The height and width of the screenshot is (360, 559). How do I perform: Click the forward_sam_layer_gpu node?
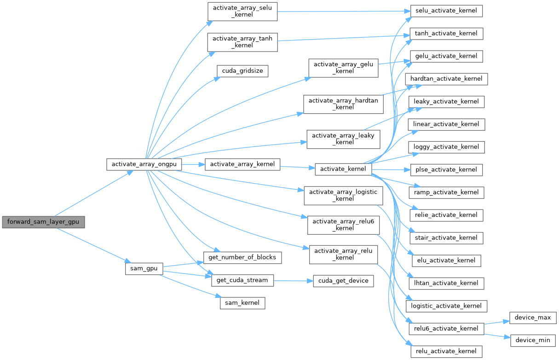pos(43,222)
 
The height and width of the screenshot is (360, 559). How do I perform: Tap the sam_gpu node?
pos(144,268)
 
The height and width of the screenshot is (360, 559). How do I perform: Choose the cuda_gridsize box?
pos(242,71)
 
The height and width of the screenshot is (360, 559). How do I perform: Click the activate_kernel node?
pos(343,169)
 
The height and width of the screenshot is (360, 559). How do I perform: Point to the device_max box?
pos(533,318)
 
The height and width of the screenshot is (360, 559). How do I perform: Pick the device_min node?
pos(533,340)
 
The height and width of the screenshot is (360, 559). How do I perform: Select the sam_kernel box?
pos(242,303)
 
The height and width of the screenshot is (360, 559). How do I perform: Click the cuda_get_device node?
pos(343,280)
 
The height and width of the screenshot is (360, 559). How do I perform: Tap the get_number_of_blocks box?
pos(242,257)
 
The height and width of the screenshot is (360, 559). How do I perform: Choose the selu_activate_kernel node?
pos(446,11)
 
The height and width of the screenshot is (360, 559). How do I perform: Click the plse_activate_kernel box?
pos(446,169)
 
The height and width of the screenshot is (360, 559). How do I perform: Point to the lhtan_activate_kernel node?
pos(446,283)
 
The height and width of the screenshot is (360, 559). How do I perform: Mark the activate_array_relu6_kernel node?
pos(342,225)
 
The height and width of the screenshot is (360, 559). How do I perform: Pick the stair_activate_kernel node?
pos(446,238)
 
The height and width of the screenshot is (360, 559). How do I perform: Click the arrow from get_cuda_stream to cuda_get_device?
pos(293,280)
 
